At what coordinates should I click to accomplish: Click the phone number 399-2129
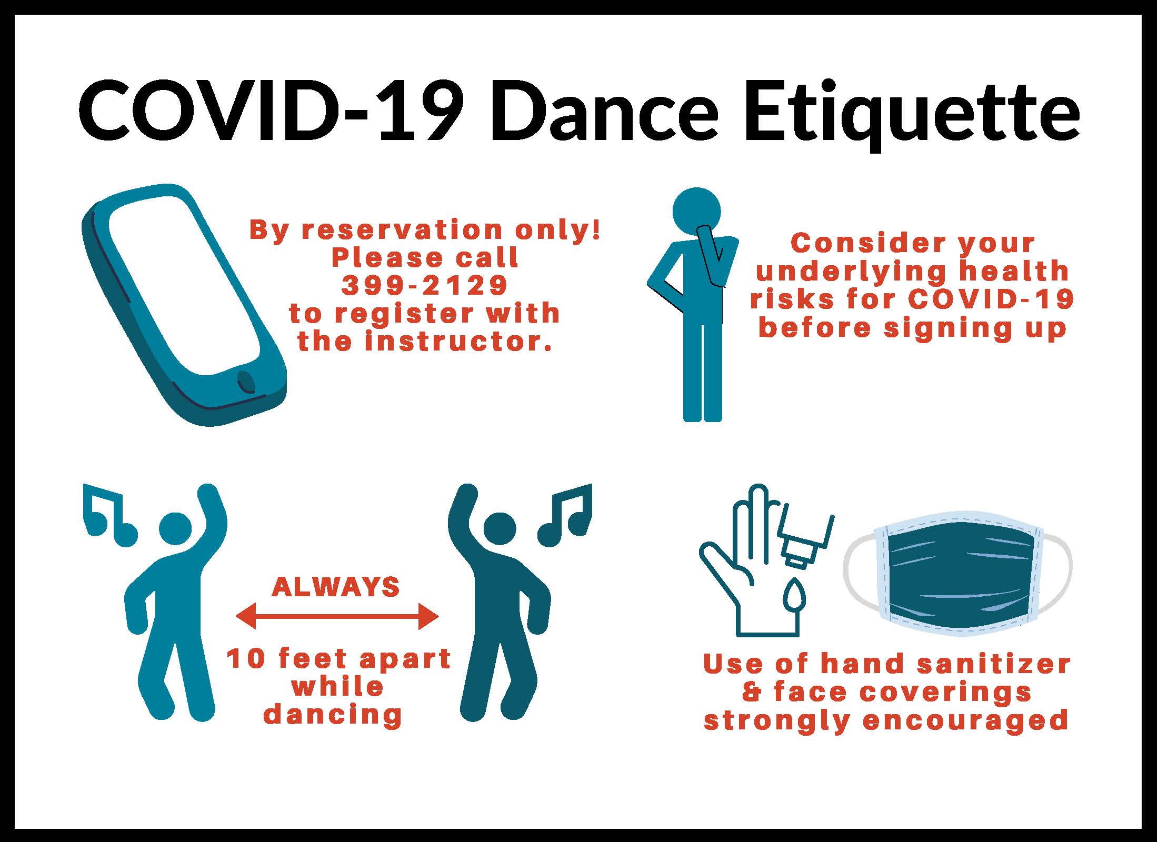[425, 285]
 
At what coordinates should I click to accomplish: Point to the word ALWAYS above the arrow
[336, 587]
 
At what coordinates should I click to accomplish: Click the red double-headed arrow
[337, 615]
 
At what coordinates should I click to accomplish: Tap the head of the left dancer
[176, 528]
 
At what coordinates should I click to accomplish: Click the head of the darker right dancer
[500, 528]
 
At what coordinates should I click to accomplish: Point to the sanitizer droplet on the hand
[796, 594]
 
